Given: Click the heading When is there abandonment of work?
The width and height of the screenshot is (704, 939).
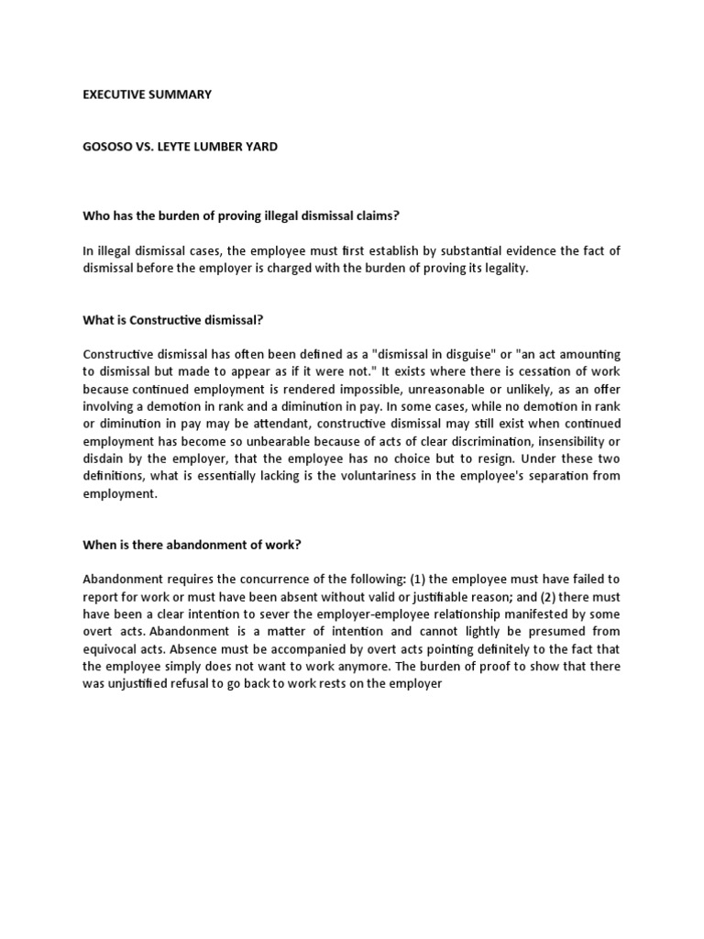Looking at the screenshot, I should point(192,544).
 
